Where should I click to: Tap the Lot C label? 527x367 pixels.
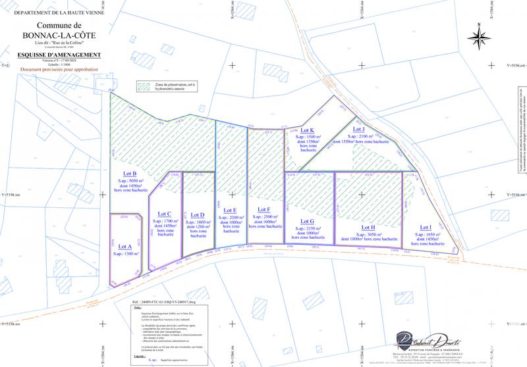tap(165, 214)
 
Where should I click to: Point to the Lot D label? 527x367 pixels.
tap(198, 214)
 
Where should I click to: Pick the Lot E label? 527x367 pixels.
tap(231, 210)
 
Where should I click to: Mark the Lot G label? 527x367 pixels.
tap(307, 221)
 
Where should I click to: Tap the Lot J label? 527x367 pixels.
tap(359, 129)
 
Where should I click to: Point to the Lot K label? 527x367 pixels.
tap(306, 130)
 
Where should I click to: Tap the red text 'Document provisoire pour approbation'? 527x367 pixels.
tap(59, 68)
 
